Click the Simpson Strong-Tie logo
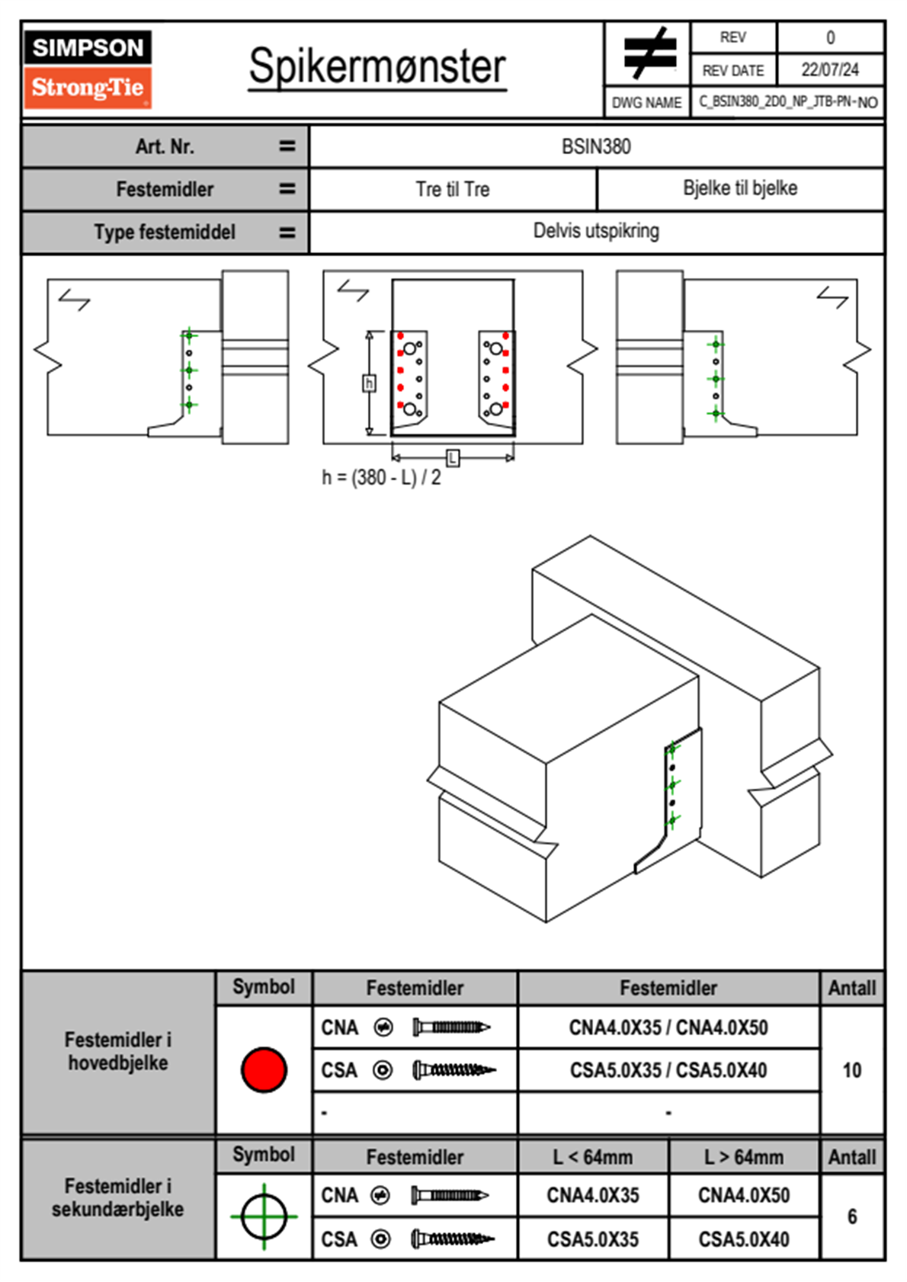click(x=88, y=69)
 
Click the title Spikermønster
click(x=377, y=66)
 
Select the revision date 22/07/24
click(x=830, y=70)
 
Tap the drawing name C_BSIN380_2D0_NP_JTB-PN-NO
click(x=788, y=102)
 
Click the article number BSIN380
click(x=596, y=146)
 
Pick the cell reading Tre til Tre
click(x=453, y=189)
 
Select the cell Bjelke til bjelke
click(x=740, y=188)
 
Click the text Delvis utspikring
click(x=596, y=231)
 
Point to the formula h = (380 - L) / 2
click(x=381, y=478)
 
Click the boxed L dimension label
click(x=453, y=457)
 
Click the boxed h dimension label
click(x=369, y=383)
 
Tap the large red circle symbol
click(x=264, y=1070)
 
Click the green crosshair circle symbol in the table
click(x=264, y=1216)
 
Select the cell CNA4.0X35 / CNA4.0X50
click(x=668, y=1027)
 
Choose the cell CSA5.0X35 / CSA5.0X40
click(x=668, y=1070)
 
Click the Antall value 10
click(x=852, y=1070)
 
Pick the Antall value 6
click(x=852, y=1216)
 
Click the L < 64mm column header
click(x=593, y=1157)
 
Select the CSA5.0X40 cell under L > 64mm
click(x=744, y=1239)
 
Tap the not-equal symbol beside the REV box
click(x=649, y=53)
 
